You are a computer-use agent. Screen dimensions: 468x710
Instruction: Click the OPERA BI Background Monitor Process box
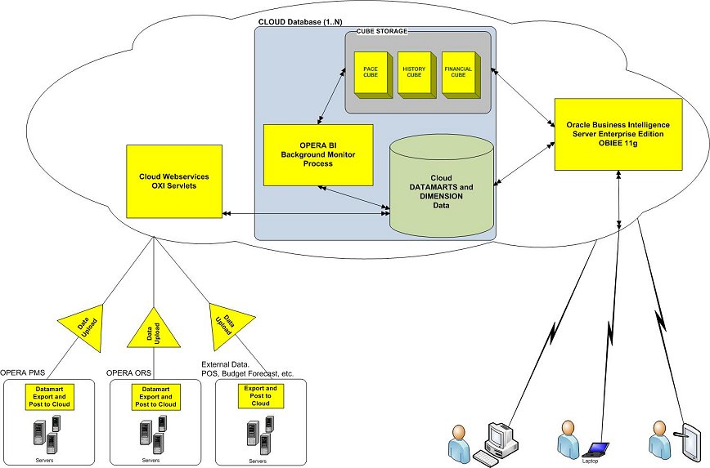(317, 154)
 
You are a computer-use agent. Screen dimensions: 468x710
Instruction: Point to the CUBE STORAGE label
(382, 32)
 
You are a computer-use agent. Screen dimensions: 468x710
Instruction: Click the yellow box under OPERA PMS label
(53, 396)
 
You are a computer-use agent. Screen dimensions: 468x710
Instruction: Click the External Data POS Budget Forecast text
(247, 368)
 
